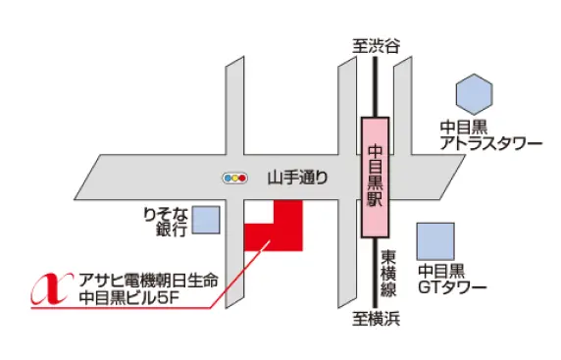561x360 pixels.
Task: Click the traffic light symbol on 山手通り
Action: click(x=234, y=179)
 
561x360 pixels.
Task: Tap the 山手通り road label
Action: click(x=297, y=178)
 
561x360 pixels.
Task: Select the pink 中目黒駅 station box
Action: click(x=374, y=177)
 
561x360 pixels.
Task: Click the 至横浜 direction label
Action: click(x=376, y=319)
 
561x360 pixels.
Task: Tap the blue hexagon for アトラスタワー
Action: click(x=475, y=93)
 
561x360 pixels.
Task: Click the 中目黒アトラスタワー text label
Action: click(x=489, y=134)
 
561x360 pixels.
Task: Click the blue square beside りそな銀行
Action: click(x=206, y=220)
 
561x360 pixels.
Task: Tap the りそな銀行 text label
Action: click(x=163, y=220)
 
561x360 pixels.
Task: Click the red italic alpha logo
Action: click(x=50, y=284)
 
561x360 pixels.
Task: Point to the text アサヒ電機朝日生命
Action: click(x=152, y=278)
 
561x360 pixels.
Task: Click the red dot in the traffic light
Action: click(x=241, y=179)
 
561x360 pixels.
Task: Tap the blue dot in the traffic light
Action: click(x=228, y=179)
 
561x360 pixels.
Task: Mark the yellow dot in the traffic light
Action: click(x=234, y=179)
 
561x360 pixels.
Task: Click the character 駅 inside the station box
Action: click(x=374, y=196)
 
